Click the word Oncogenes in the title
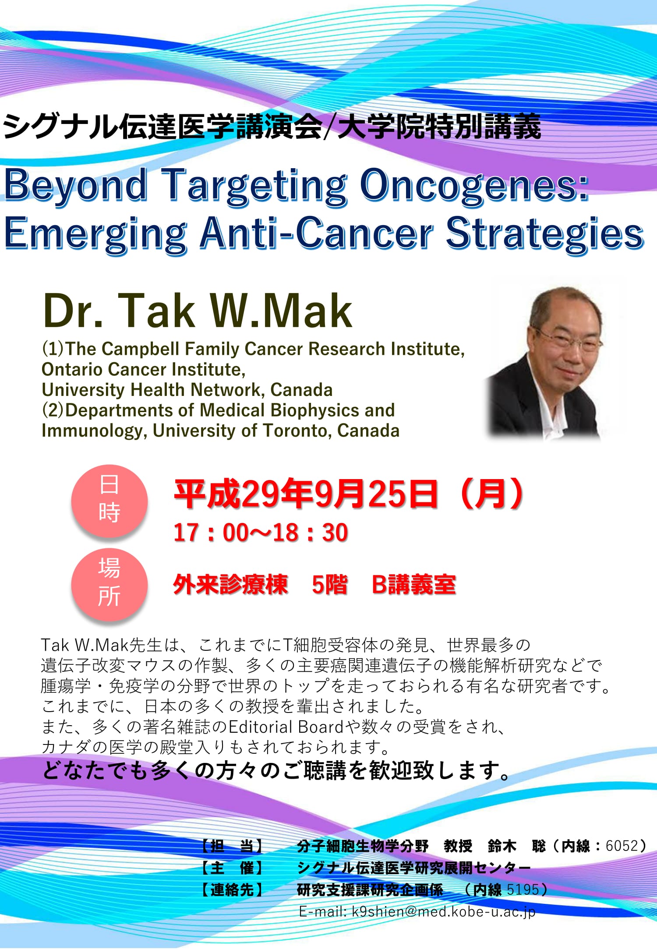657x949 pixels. [474, 186]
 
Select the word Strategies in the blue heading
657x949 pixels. [544, 234]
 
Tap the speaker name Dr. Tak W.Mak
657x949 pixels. [198, 310]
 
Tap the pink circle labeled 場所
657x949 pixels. [109, 584]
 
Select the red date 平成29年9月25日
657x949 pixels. [306, 494]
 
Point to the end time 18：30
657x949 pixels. [311, 533]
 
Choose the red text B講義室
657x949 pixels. [414, 585]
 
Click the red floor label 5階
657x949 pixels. [330, 585]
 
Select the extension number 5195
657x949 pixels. [523, 889]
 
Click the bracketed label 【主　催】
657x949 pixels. [233, 868]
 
